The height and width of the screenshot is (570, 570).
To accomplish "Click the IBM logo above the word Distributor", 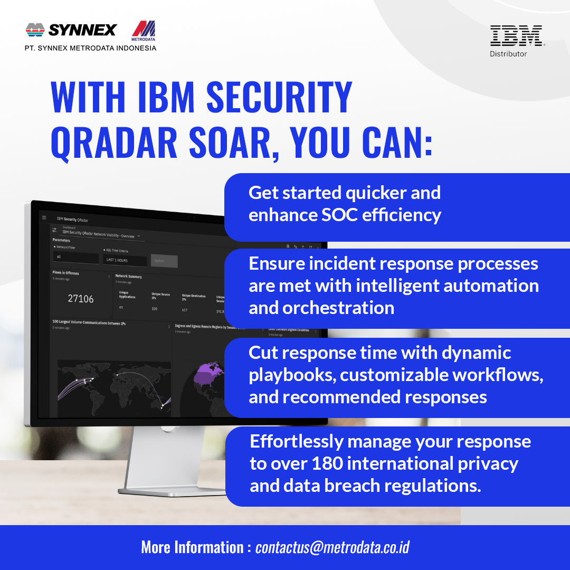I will click(516, 35).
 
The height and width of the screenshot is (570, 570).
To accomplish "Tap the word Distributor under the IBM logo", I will click(508, 54).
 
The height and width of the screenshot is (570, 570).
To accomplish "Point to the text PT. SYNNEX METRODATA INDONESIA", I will click(90, 48).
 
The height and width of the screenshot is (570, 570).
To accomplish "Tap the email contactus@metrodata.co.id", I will click(332, 547).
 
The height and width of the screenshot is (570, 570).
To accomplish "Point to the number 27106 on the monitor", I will click(81, 299).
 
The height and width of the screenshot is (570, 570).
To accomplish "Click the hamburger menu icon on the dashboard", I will click(44, 217).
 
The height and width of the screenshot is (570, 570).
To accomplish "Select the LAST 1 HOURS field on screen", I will click(125, 260).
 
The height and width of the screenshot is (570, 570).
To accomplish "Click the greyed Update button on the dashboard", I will click(164, 261).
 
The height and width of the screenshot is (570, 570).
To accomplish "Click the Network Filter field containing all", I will click(75, 258).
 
